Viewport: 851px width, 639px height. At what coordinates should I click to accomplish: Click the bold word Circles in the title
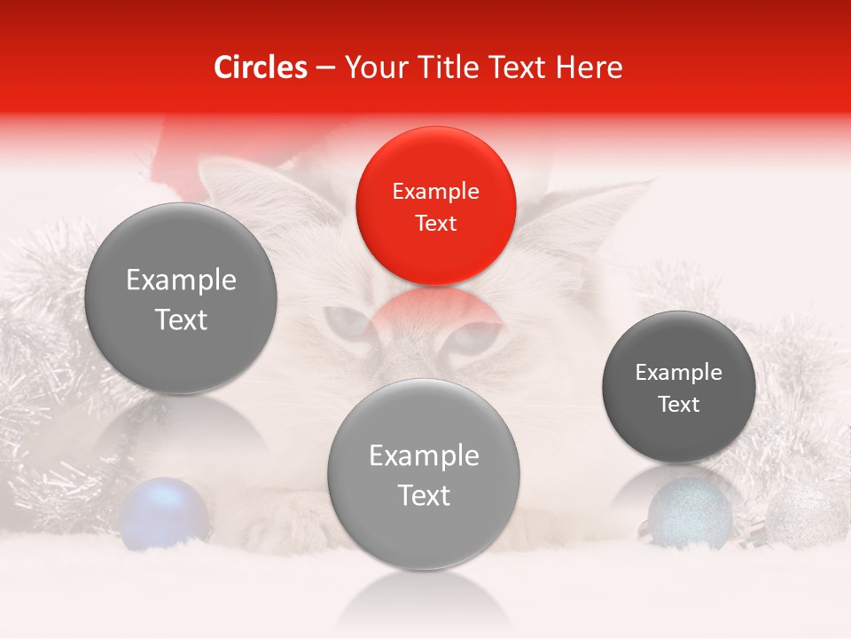[260, 67]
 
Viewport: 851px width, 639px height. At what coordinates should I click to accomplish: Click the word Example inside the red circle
[435, 192]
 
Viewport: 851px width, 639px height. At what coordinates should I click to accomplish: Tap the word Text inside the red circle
[435, 224]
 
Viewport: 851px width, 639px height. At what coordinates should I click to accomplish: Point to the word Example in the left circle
[181, 280]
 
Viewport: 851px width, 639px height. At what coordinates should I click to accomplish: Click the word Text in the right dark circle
[679, 405]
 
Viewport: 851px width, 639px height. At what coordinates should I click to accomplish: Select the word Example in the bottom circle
[424, 456]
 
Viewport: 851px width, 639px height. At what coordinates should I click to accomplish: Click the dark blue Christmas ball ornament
[163, 512]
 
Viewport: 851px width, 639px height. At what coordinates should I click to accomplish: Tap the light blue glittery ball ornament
[690, 512]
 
